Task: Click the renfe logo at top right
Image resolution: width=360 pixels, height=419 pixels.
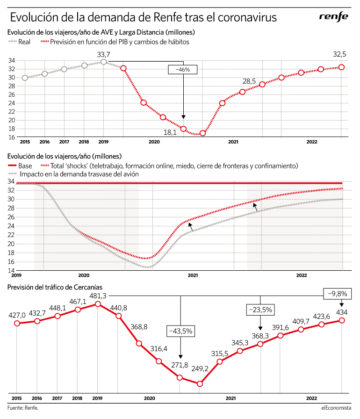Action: (333, 17)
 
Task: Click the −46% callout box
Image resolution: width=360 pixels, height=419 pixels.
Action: (183, 70)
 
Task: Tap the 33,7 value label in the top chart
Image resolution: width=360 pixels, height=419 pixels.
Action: (103, 55)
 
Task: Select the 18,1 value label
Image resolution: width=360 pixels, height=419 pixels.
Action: (170, 132)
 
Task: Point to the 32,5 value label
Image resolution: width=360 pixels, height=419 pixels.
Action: (339, 54)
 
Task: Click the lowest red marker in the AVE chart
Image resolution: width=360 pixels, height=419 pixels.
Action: (203, 133)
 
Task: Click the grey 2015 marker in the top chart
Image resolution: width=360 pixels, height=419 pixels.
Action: (25, 78)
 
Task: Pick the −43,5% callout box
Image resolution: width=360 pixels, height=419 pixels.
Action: (180, 331)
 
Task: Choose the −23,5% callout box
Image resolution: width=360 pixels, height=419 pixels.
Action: (260, 310)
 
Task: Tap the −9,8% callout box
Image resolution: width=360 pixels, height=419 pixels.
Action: (337, 294)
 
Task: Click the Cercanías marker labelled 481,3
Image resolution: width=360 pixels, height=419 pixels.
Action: (98, 304)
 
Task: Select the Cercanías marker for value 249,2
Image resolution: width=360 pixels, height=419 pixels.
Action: (200, 384)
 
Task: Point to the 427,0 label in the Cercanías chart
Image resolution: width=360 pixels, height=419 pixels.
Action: (17, 315)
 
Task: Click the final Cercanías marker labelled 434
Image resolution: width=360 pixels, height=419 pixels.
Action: (342, 320)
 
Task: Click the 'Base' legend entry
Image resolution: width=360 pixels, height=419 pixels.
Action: (20, 166)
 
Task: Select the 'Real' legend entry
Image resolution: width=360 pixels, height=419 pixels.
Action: (19, 42)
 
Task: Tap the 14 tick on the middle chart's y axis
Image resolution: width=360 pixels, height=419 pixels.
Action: (11, 270)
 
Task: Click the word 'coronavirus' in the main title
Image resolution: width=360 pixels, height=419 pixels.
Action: (247, 17)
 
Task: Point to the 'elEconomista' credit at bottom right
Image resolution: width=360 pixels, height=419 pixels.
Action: (336, 408)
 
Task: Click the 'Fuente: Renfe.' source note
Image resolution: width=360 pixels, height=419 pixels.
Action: (23, 408)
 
